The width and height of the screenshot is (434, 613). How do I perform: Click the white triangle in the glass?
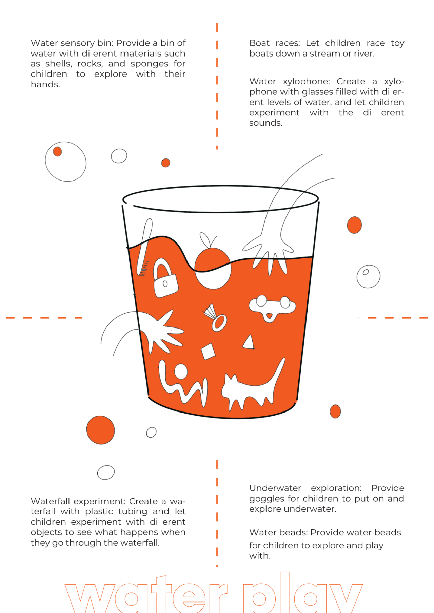click(x=249, y=343)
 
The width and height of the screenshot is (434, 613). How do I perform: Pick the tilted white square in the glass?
click(x=208, y=351)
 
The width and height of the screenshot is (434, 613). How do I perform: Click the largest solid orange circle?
click(x=100, y=430)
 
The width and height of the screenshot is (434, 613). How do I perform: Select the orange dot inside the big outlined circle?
click(x=58, y=151)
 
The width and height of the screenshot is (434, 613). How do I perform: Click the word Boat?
click(x=259, y=43)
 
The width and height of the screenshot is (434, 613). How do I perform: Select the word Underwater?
click(x=275, y=488)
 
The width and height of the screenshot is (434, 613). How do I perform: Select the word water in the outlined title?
click(x=146, y=596)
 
